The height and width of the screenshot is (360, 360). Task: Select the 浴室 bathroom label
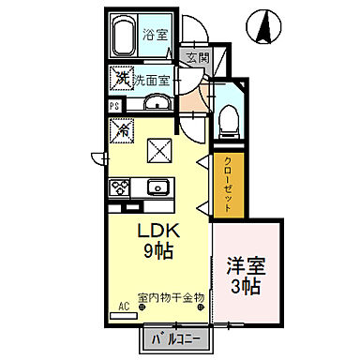(x=154, y=36)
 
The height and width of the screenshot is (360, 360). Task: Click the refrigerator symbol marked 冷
(x=122, y=129)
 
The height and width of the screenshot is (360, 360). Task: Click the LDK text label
(x=157, y=232)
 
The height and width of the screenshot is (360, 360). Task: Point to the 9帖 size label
(x=157, y=251)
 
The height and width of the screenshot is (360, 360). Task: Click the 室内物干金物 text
(x=171, y=298)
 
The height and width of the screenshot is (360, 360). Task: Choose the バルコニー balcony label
(x=176, y=338)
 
